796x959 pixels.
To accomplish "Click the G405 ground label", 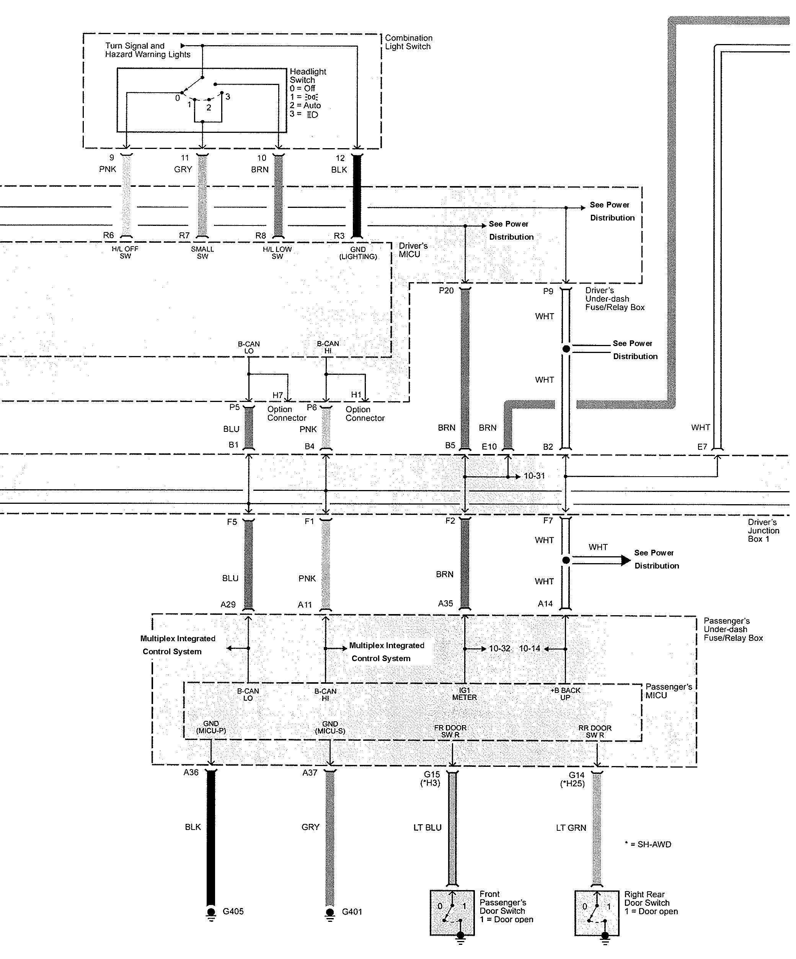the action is coord(233,912).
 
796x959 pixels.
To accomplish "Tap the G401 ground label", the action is coord(352,912).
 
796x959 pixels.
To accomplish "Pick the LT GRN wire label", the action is coord(571,827).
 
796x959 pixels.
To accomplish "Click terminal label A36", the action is coord(191,772).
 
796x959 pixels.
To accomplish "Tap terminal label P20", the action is coord(446,291).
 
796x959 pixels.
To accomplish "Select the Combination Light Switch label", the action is coord(408,42).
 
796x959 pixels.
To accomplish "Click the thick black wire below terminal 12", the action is coord(357,196).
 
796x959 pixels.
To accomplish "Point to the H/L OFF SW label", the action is coord(125,253).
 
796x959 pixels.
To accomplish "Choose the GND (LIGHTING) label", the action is coord(358,253).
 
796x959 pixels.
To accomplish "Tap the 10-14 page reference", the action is coord(529,649).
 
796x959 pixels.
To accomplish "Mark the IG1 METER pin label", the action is coord(464,694).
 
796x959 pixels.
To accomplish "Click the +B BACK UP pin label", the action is coord(566,694).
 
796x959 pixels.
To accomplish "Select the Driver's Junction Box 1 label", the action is coord(763,531).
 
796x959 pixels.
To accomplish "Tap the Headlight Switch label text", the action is coord(308,76).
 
